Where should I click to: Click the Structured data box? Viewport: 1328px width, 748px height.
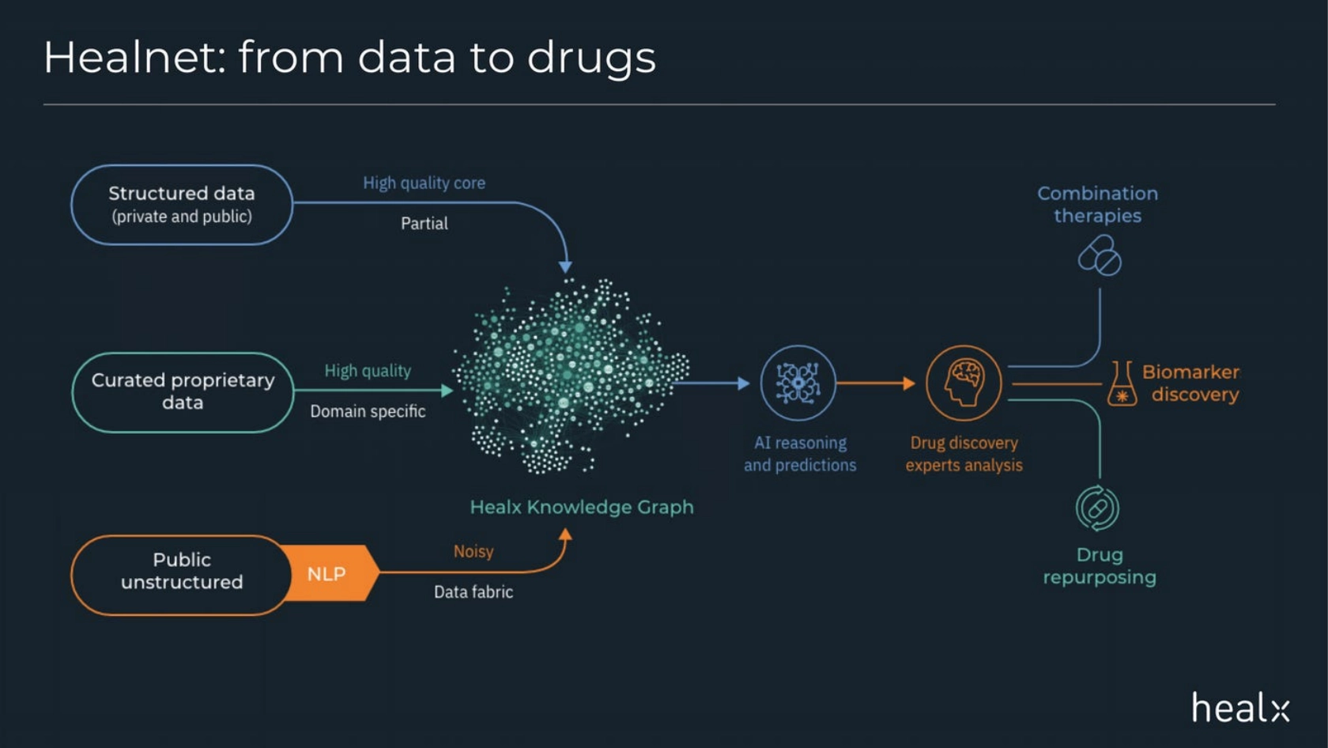[182, 204]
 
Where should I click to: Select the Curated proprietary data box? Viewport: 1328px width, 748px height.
[183, 391]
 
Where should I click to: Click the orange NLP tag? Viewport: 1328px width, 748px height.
[327, 573]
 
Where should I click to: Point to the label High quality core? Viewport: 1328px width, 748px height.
[424, 183]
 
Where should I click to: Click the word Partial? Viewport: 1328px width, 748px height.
[424, 223]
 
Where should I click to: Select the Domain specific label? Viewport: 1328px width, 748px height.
[368, 411]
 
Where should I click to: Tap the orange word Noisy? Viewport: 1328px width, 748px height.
[473, 551]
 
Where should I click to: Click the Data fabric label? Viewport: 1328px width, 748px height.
[473, 591]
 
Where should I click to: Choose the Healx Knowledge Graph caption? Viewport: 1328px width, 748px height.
[582, 507]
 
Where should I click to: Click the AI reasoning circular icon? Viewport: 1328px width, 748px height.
[798, 383]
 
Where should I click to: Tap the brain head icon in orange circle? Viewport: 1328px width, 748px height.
[964, 383]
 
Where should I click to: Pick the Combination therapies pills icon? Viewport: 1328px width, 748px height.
[1100, 255]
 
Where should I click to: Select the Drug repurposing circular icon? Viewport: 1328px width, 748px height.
[1098, 508]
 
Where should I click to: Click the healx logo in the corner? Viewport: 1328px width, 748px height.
[1240, 707]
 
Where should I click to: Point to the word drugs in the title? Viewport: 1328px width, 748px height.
[591, 58]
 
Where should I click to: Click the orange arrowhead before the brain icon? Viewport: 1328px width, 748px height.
[909, 383]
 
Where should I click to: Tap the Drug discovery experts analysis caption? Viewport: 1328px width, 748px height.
[964, 454]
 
